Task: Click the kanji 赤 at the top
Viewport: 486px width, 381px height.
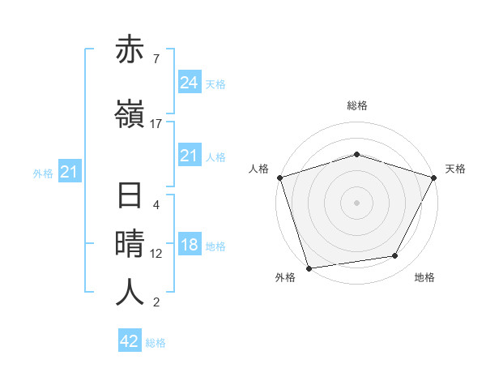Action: (130, 51)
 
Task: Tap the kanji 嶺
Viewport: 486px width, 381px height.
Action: (130, 115)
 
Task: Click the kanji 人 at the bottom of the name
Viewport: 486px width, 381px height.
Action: (130, 292)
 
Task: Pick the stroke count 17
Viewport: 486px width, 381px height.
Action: (156, 124)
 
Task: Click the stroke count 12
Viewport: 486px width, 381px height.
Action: (156, 254)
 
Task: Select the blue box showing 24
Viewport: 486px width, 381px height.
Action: (190, 83)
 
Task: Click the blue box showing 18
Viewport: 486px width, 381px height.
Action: (190, 245)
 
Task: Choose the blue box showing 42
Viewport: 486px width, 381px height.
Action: (130, 341)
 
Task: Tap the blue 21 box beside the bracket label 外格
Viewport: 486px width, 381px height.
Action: (68, 172)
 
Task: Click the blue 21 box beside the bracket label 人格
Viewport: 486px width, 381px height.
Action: (190, 156)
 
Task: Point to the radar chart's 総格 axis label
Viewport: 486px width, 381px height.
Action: (357, 105)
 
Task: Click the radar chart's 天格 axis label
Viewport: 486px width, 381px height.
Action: (455, 169)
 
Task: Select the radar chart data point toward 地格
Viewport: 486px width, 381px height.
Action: (395, 256)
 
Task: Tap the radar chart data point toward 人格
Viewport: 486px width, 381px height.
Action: (279, 178)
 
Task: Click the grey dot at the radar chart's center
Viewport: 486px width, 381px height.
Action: (356, 202)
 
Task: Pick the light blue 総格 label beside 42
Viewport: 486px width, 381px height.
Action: (156, 343)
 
